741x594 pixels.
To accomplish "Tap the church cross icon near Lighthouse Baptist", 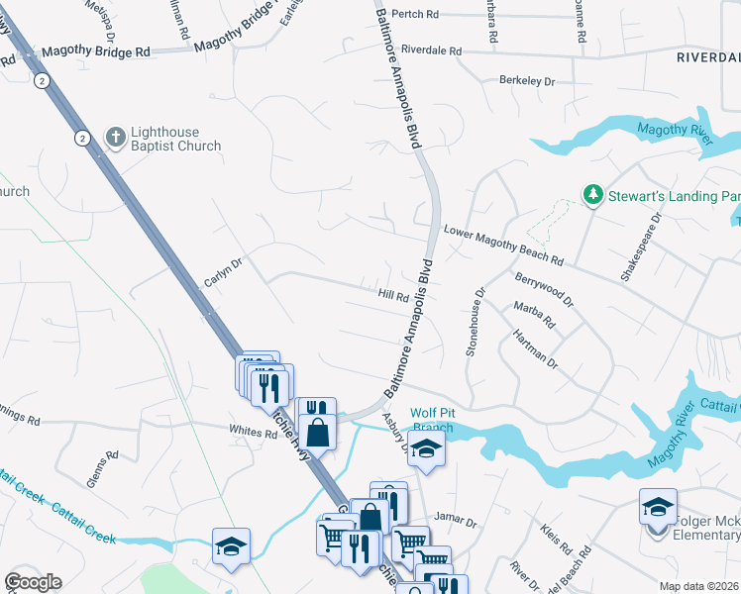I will [x=116, y=139].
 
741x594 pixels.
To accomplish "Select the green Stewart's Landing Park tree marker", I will [x=592, y=195].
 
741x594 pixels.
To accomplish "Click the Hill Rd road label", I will [x=393, y=295].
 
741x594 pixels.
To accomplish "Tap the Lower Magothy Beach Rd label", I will [x=503, y=245].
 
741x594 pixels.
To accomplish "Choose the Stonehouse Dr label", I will [x=476, y=322].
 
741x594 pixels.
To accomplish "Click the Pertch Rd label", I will [x=414, y=15].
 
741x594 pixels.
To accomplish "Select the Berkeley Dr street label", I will [x=527, y=79].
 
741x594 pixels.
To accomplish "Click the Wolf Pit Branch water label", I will [x=432, y=420].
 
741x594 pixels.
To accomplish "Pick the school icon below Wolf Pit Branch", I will [x=426, y=448].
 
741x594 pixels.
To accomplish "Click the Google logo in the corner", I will [x=33, y=582].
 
